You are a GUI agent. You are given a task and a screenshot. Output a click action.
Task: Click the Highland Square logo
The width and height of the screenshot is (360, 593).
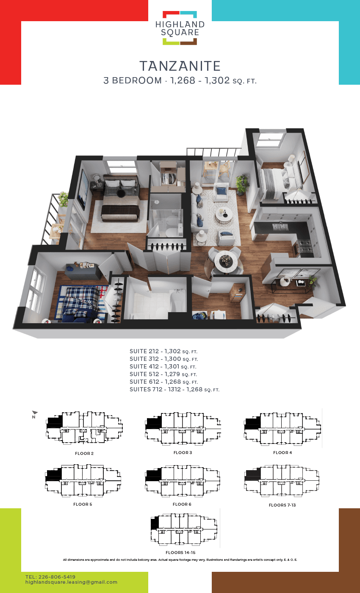(180, 28)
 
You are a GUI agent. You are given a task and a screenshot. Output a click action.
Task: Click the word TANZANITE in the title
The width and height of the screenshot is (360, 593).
(180, 66)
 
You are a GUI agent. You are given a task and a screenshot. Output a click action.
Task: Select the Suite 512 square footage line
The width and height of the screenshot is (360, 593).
(163, 374)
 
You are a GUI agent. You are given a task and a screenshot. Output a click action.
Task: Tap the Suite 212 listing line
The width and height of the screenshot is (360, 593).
(163, 351)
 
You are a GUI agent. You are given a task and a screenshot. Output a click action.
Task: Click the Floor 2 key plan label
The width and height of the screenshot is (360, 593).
(84, 454)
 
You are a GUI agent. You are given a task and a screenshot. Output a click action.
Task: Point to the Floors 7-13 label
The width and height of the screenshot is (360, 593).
(282, 505)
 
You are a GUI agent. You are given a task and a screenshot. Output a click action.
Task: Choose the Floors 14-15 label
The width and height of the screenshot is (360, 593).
(180, 552)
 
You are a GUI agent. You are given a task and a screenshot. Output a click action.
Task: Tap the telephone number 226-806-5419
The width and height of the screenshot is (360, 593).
(57, 577)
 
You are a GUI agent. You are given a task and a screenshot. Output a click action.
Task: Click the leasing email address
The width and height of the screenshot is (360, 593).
(71, 582)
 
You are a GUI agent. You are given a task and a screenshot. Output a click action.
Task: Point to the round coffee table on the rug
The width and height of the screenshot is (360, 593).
(224, 215)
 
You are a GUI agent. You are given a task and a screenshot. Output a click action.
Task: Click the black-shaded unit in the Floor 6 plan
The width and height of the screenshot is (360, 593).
(153, 475)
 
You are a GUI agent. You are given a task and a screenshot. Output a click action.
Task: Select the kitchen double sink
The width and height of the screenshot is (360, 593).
(280, 227)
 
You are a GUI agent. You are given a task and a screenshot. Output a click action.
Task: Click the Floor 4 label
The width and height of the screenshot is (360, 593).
(282, 453)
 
